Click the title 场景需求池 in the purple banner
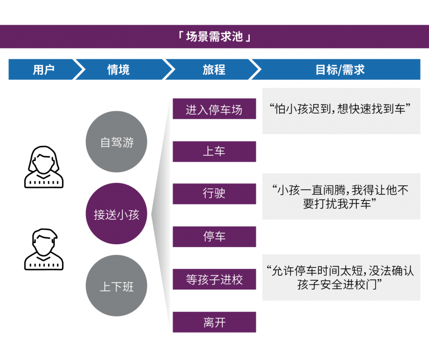[x=214, y=37]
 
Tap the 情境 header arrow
[x=118, y=69]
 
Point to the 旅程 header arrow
[x=213, y=69]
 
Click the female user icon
[x=44, y=166]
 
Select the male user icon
[x=44, y=249]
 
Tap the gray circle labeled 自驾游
[x=116, y=142]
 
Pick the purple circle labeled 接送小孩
[x=116, y=214]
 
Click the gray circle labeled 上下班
[x=116, y=286]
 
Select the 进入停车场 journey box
[x=214, y=110]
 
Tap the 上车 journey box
[x=214, y=151]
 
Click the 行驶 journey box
[x=214, y=193]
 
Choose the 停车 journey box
[x=214, y=236]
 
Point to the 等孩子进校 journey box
[x=214, y=280]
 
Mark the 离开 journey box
[x=214, y=322]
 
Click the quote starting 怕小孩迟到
[x=341, y=110]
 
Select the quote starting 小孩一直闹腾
[x=341, y=197]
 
